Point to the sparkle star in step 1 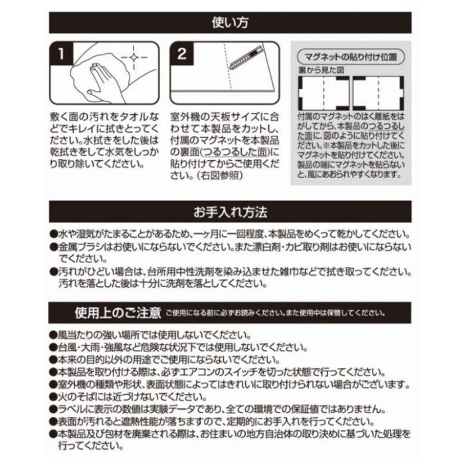(136, 58)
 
